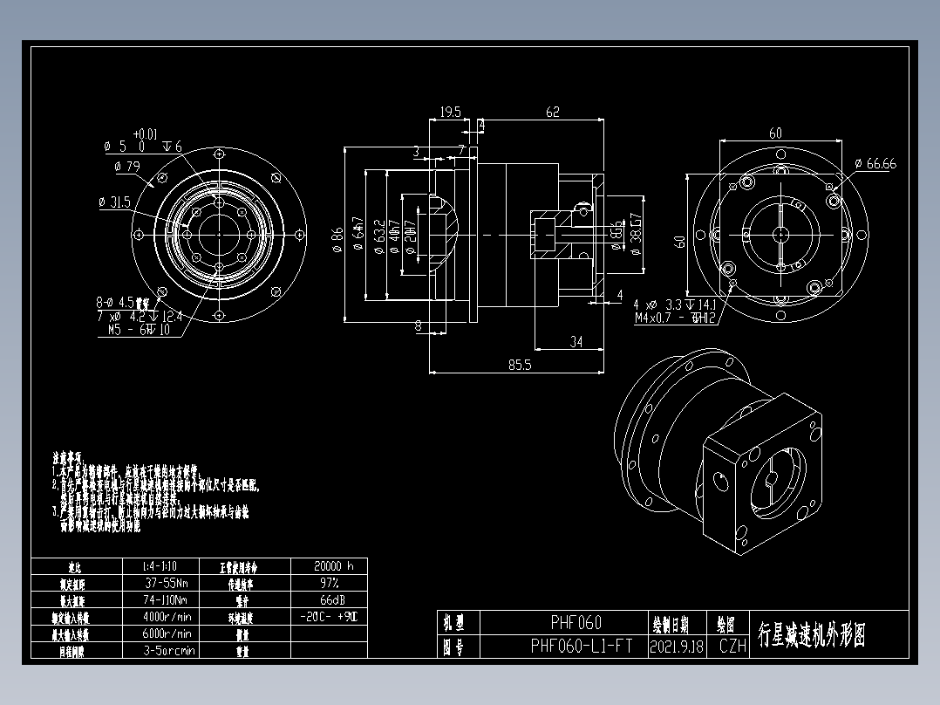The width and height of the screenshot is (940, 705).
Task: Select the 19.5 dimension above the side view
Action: point(450,113)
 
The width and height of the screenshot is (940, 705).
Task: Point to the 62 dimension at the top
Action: point(552,112)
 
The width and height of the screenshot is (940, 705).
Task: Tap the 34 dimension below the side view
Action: point(576,342)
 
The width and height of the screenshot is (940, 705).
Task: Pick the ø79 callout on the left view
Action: point(127,166)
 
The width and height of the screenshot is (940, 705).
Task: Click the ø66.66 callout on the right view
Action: point(875,163)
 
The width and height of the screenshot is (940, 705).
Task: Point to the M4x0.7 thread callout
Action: point(678,318)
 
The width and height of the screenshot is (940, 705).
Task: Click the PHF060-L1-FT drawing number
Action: point(582,647)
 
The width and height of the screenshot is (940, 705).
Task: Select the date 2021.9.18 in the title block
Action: point(676,647)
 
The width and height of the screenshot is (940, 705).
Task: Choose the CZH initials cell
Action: point(732,647)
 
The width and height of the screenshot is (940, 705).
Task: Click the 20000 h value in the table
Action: point(328,566)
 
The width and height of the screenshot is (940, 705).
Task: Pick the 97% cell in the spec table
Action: point(328,583)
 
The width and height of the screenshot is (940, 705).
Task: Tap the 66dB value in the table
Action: point(328,600)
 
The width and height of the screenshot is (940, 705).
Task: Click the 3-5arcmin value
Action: point(169,651)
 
